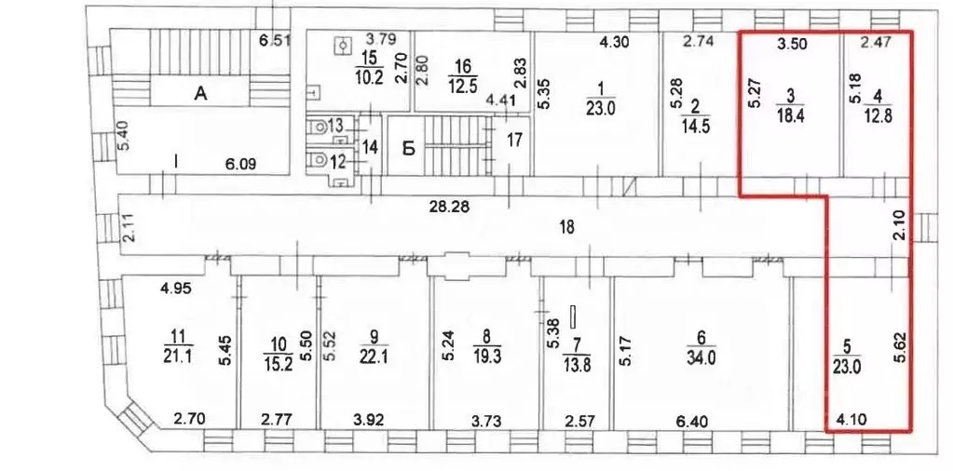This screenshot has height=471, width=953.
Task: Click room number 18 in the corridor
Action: click(566, 226)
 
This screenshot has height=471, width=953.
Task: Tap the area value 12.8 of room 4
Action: click(877, 114)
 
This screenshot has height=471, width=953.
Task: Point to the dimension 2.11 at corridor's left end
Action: click(129, 227)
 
